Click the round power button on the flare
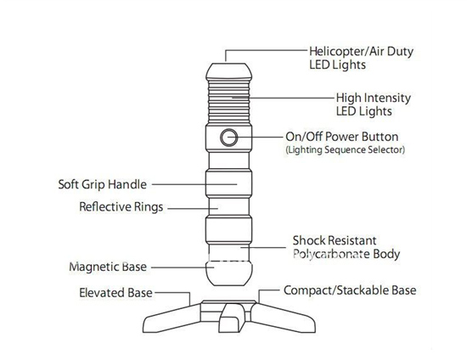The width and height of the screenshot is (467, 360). (228, 138)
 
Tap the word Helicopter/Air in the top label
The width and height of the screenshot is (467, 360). (346, 52)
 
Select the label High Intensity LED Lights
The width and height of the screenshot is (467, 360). (374, 104)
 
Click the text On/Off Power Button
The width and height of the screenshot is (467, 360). (341, 137)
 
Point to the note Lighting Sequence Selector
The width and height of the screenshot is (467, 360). (346, 149)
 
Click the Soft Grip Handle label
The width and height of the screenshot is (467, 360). (102, 184)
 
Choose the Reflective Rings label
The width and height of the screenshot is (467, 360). (121, 207)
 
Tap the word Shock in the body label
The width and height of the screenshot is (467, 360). (308, 240)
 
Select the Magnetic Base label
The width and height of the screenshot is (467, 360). (108, 267)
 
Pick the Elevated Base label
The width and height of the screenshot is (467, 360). (115, 293)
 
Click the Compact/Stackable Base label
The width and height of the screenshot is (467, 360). (350, 290)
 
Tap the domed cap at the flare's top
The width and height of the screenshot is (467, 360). (228, 71)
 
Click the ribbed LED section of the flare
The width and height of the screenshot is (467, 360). (228, 101)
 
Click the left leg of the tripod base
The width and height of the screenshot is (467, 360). (172, 318)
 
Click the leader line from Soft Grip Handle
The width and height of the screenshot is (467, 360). (194, 184)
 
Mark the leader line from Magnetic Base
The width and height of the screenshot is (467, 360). (183, 267)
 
